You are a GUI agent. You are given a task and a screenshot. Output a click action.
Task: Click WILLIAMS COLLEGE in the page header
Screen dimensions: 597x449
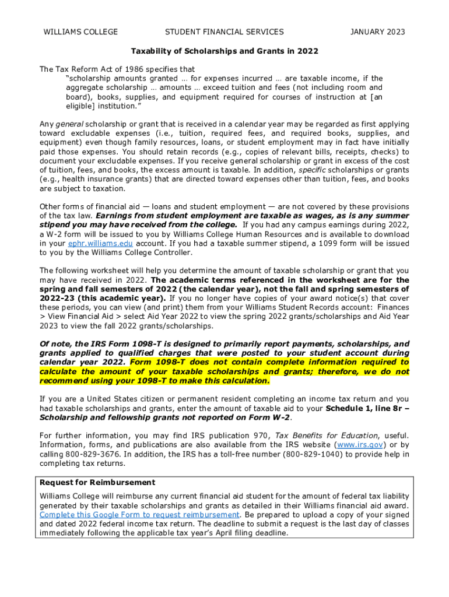click(81, 32)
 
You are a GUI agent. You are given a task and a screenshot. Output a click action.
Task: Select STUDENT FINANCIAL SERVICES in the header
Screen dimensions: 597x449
click(224, 32)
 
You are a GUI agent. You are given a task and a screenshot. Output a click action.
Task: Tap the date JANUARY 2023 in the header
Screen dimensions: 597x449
click(377, 32)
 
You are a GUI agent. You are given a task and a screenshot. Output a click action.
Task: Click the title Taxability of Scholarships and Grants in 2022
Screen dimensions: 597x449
click(224, 51)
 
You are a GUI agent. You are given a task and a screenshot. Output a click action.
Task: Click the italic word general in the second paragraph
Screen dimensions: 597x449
click(70, 124)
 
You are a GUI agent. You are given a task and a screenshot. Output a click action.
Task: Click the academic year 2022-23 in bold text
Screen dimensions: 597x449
click(59, 298)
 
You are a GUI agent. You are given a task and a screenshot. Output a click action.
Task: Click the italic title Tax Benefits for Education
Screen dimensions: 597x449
click(326, 436)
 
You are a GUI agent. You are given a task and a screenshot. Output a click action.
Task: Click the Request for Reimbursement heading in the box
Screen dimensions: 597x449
click(97, 483)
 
